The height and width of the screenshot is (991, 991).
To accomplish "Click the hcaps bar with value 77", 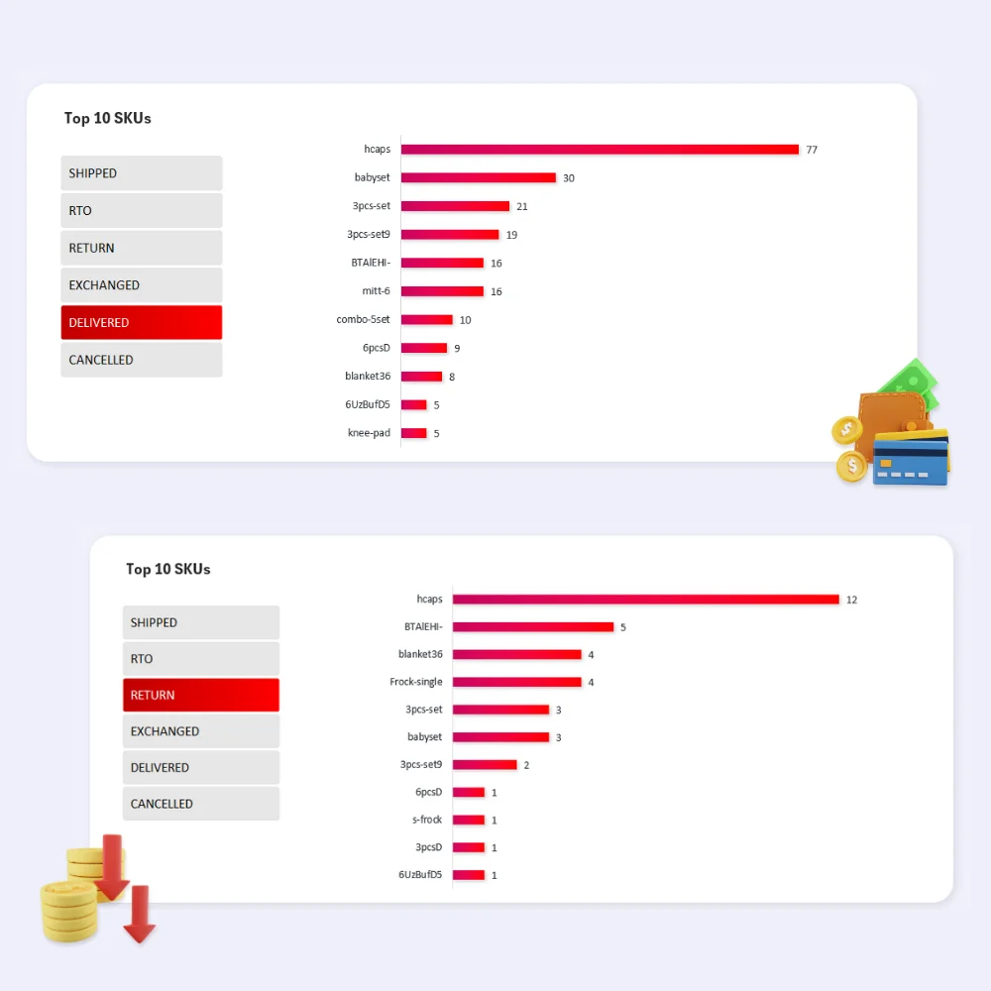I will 600,150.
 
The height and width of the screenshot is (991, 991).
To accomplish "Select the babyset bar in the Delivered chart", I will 478,178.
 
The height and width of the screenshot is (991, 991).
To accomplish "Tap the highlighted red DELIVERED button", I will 142,323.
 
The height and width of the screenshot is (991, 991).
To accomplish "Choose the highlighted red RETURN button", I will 201,696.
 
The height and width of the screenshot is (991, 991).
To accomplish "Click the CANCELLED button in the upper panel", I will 142,361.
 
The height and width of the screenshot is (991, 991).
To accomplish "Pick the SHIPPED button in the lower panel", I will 201,623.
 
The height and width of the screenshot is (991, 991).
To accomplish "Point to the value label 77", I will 812,150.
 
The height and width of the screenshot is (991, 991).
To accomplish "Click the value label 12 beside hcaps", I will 851,600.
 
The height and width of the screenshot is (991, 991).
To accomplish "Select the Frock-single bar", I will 516,682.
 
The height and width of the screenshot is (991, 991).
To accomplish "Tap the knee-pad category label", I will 369,433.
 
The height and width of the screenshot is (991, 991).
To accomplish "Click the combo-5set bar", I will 426,320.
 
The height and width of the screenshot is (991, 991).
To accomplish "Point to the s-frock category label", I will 427,820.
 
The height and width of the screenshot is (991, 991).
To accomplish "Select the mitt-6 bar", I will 442,291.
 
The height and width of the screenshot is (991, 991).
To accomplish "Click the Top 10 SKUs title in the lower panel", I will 168,570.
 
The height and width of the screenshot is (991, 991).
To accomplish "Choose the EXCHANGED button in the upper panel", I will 142,285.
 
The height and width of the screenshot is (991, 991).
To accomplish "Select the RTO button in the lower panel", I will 201,659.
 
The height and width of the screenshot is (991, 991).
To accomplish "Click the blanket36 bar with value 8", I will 421,377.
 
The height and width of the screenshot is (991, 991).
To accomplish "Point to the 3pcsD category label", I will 428,847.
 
